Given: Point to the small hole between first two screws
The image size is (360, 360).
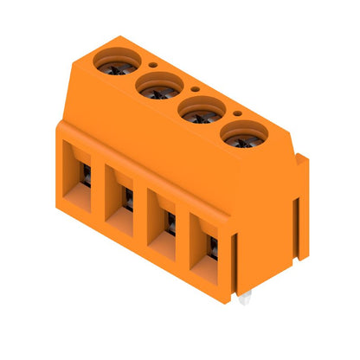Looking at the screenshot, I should tap(153, 63).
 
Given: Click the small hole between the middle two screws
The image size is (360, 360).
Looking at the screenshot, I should tap(196, 88).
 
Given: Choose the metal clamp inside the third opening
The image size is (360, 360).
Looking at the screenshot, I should tap(171, 225).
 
